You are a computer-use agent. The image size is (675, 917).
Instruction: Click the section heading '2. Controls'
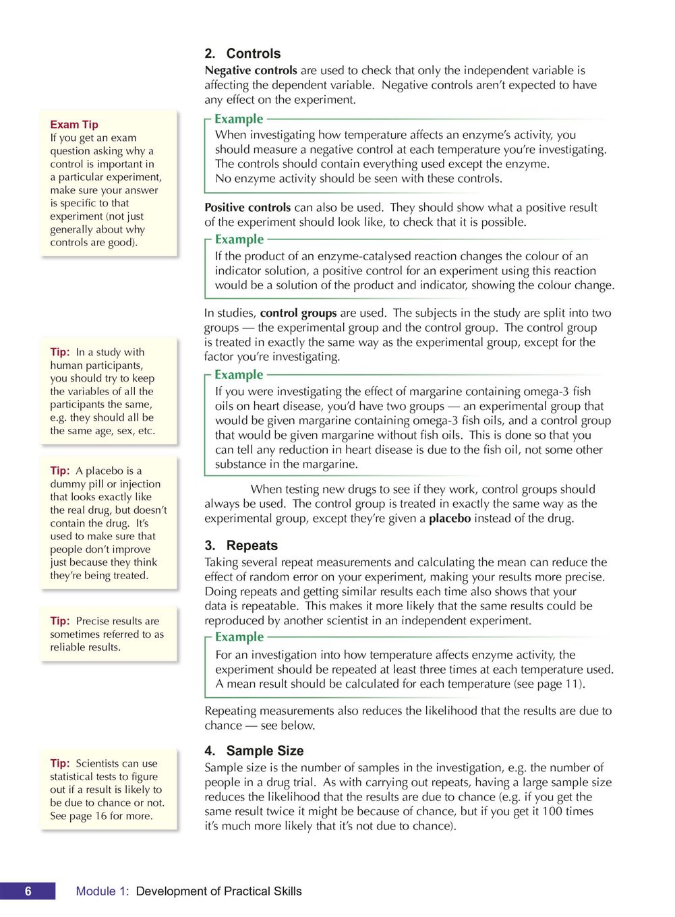pyautogui.click(x=243, y=54)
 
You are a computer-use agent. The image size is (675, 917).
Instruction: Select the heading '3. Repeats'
pyautogui.click(x=241, y=545)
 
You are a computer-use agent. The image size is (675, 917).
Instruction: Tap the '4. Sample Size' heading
pyautogui.click(x=254, y=750)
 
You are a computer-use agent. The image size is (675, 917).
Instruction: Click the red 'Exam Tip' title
pyautogui.click(x=74, y=125)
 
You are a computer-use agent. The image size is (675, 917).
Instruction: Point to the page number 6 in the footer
pyautogui.click(x=28, y=891)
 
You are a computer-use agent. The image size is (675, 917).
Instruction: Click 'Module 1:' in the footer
pyautogui.click(x=102, y=891)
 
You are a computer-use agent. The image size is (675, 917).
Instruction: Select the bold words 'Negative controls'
pyautogui.click(x=251, y=70)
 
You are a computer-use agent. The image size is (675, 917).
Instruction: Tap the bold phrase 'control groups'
pyautogui.click(x=298, y=313)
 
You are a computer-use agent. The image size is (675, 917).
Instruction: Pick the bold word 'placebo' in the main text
pyautogui.click(x=450, y=519)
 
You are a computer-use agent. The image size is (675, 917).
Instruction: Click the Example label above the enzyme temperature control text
pyautogui.click(x=239, y=119)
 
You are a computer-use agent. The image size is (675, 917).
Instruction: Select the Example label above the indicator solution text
pyautogui.click(x=239, y=239)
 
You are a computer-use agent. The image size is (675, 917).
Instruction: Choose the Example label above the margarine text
pyautogui.click(x=239, y=375)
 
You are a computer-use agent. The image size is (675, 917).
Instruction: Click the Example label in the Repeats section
pyautogui.click(x=239, y=637)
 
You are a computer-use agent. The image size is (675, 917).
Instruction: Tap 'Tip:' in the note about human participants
pyautogui.click(x=60, y=352)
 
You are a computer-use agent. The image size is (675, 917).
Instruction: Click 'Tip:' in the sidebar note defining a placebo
pyautogui.click(x=60, y=471)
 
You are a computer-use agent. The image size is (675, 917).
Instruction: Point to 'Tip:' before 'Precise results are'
pyautogui.click(x=60, y=621)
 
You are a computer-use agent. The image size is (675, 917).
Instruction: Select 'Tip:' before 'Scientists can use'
pyautogui.click(x=60, y=763)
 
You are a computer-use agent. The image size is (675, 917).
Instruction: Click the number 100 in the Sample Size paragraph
pyautogui.click(x=552, y=811)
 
